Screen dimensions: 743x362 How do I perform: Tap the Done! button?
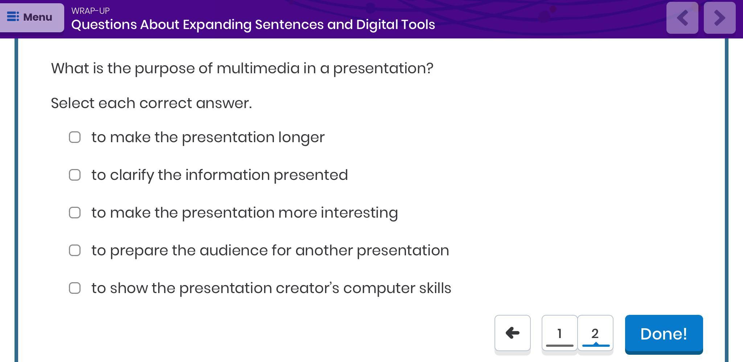[x=664, y=334]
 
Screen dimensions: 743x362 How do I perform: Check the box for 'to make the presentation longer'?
[x=75, y=137]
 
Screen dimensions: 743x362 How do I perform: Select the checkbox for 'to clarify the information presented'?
[x=75, y=175]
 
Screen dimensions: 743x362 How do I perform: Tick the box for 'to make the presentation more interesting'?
[x=75, y=213]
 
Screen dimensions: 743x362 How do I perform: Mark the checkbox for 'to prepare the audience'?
[x=75, y=250]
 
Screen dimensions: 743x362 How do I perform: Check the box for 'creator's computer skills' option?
[x=75, y=288]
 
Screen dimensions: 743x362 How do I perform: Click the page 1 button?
[x=559, y=333]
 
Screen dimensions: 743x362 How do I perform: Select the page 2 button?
[x=595, y=333]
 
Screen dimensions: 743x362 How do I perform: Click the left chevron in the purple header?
[x=682, y=18]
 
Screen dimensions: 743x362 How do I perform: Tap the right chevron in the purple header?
[x=720, y=18]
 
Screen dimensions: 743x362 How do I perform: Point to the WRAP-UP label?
[x=90, y=11]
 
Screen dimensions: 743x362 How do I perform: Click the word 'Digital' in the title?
[x=373, y=25]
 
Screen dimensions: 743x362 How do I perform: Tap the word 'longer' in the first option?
[x=301, y=138]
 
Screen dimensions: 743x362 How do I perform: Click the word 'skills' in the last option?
[x=435, y=288]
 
